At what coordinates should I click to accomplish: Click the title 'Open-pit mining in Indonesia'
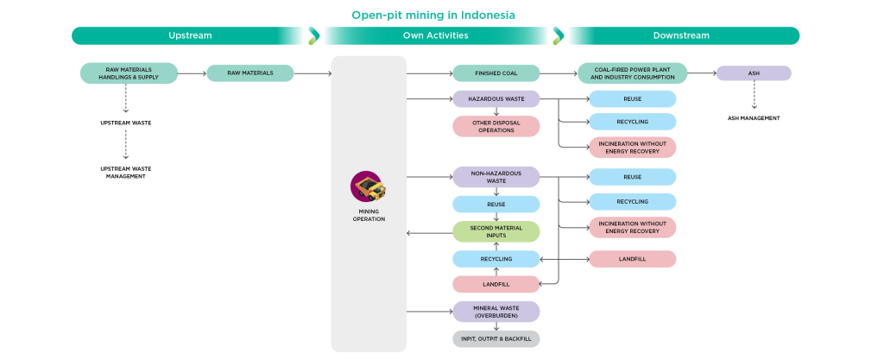tap(433, 15)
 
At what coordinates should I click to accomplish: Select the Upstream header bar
tap(189, 35)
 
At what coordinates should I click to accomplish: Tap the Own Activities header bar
tap(435, 35)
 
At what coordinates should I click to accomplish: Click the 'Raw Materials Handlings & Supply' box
tap(129, 73)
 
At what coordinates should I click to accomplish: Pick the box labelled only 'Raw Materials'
tap(249, 73)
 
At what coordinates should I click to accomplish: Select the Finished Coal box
tap(496, 73)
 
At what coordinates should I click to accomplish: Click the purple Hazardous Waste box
tap(496, 99)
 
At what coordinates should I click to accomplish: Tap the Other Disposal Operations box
tap(496, 126)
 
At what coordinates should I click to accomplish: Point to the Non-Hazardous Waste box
tap(496, 177)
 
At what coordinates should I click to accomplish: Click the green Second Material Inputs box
tap(496, 231)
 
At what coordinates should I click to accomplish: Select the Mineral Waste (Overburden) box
tap(496, 312)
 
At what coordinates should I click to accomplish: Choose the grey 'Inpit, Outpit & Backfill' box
tap(496, 338)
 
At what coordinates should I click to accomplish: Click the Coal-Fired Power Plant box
tap(633, 73)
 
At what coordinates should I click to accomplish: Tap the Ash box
tap(754, 73)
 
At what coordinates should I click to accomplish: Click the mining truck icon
tap(368, 186)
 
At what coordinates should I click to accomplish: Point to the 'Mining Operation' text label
tap(369, 215)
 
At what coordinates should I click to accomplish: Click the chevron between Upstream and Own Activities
tap(313, 35)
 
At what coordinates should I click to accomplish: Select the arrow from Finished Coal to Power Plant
tap(559, 73)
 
